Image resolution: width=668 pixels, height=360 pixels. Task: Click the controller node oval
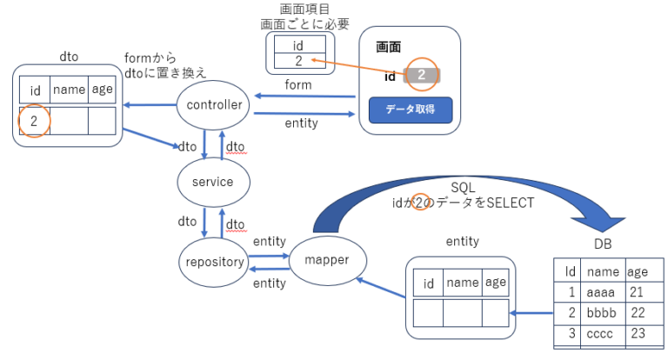(213, 106)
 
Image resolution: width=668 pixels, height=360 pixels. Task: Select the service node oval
(213, 182)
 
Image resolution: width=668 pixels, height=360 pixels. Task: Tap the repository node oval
(213, 259)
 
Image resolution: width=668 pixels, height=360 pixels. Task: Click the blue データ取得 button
(410, 110)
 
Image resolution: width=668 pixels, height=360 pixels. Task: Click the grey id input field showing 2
(422, 76)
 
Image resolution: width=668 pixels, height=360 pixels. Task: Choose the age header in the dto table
(102, 90)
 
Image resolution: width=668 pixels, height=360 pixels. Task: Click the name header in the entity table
(462, 282)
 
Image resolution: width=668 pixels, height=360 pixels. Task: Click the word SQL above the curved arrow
(463, 188)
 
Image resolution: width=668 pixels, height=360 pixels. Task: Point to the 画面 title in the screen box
(388, 46)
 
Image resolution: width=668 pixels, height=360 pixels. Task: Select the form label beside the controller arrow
(297, 84)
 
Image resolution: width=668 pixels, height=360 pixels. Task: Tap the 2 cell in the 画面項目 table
(299, 62)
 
